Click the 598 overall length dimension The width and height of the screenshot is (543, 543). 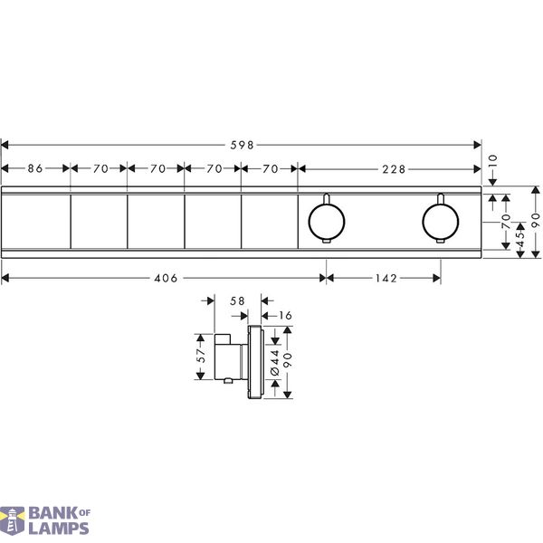click(x=242, y=145)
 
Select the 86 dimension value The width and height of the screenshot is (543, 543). click(x=35, y=168)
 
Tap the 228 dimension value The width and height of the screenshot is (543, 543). click(x=394, y=169)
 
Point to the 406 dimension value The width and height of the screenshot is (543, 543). click(x=166, y=278)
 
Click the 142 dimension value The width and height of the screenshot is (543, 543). click(x=386, y=278)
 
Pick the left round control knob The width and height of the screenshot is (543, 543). click(x=327, y=222)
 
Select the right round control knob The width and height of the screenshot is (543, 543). click(x=441, y=222)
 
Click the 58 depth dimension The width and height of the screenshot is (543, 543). click(x=237, y=301)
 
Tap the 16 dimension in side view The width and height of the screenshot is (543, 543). click(x=285, y=316)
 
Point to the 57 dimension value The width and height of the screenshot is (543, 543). click(x=201, y=356)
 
